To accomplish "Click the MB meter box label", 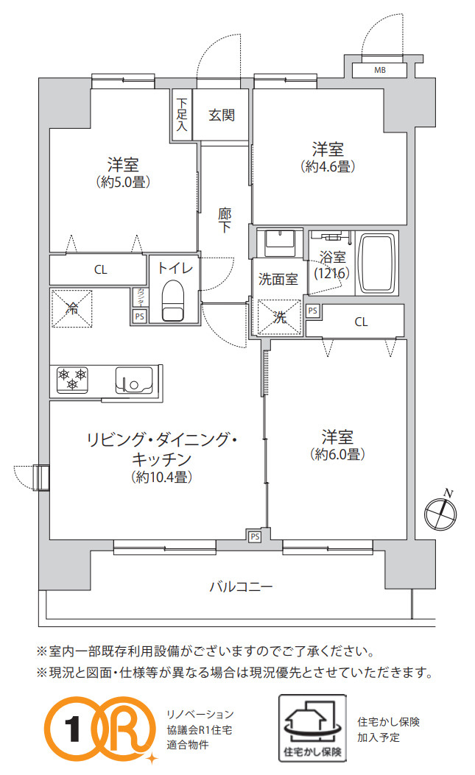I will pyautogui.click(x=379, y=71).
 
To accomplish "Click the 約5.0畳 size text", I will pyautogui.click(x=123, y=182).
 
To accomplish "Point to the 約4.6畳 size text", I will pyautogui.click(x=328, y=166).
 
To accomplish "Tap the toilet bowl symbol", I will pyautogui.click(x=172, y=300).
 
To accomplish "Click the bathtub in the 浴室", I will pyautogui.click(x=376, y=263).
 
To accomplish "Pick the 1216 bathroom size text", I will pyautogui.click(x=331, y=273).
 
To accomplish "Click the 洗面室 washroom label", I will pyautogui.click(x=278, y=280).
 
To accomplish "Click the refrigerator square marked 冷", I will pyautogui.click(x=72, y=308).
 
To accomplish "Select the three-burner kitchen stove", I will pyautogui.click(x=72, y=379).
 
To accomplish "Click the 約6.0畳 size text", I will pyautogui.click(x=337, y=454).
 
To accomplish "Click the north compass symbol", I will pyautogui.click(x=440, y=511).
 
